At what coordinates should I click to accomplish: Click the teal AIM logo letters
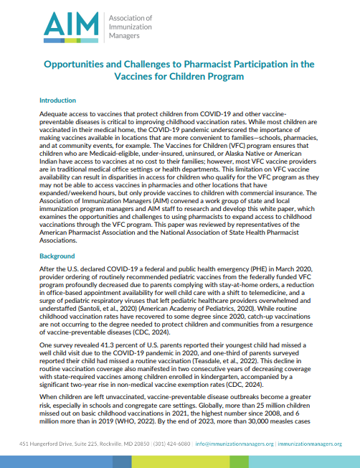[x=65, y=26]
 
